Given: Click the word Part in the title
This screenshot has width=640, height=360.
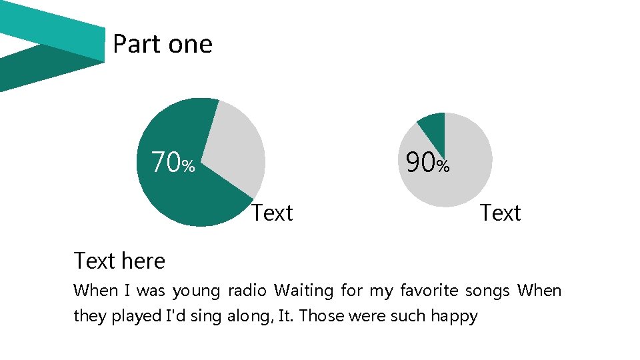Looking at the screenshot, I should coord(137,44).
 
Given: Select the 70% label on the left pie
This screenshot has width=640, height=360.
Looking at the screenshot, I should coord(173,162).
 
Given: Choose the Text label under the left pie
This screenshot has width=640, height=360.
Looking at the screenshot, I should coord(272,213).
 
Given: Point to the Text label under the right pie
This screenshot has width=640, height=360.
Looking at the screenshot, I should coord(500,213).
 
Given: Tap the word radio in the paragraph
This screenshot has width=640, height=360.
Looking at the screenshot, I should coord(247,291).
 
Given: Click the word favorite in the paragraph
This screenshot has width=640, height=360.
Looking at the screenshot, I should coord(429,291).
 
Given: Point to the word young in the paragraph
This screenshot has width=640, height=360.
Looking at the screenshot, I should coord(195,291).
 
